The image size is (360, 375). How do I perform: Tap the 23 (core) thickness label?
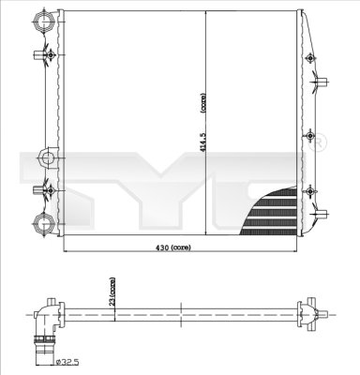click(112, 291)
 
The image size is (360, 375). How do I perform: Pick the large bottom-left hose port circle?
click(43, 223)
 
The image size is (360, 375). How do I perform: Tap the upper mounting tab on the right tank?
click(316, 82)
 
